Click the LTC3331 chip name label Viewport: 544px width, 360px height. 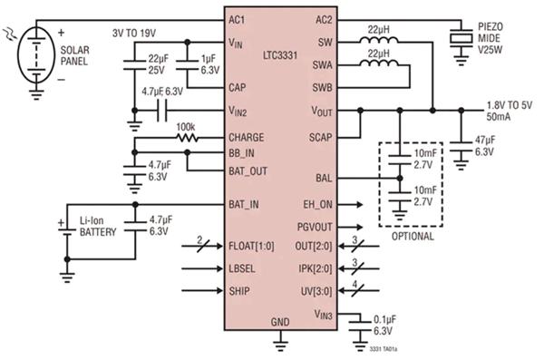[x=280, y=55]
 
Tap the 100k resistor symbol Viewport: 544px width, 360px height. [x=187, y=138]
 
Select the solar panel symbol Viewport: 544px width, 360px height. [x=36, y=54]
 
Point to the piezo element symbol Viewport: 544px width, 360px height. [x=461, y=38]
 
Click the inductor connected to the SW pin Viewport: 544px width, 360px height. [x=379, y=40]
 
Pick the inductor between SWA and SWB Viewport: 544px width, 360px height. [x=379, y=63]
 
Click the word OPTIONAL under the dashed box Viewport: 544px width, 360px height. [x=413, y=237]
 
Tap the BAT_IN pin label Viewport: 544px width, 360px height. [x=244, y=204]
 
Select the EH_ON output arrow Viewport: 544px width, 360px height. [x=350, y=205]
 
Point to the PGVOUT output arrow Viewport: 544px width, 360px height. [x=350, y=228]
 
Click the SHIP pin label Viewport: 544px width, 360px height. [x=239, y=291]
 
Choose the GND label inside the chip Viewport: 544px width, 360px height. [x=280, y=322]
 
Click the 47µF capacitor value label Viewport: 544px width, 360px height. [x=485, y=141]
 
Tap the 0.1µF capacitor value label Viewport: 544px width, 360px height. [x=384, y=319]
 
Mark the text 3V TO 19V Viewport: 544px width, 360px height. [x=134, y=34]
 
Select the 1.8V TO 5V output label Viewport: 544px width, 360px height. [x=510, y=105]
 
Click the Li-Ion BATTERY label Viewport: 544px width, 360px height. [x=98, y=227]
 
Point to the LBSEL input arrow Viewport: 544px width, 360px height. [x=202, y=268]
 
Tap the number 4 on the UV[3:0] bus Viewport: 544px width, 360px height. [x=355, y=285]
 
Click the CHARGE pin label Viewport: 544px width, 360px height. [x=247, y=138]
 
